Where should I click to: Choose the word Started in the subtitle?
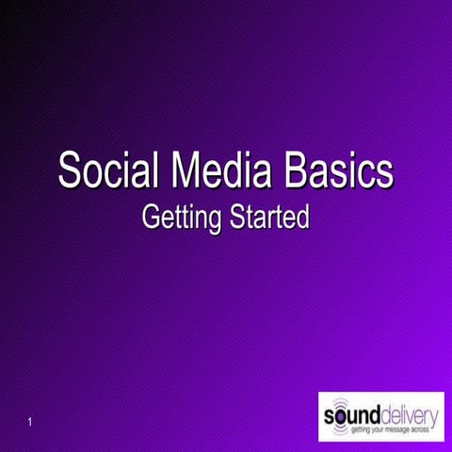(268, 218)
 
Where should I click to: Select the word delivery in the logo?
(408, 414)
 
